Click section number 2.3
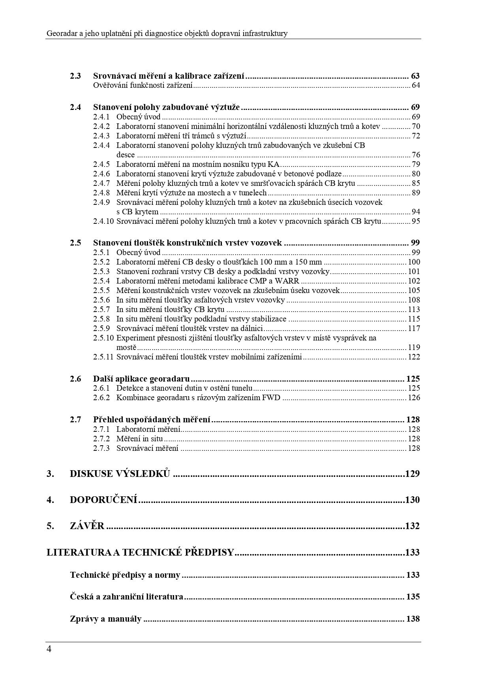coord(75,76)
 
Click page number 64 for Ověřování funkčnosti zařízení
coord(416,85)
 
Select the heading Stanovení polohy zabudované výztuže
coord(166,107)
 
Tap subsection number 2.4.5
coord(101,164)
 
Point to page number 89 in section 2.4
coord(416,193)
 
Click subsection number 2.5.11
coord(103,357)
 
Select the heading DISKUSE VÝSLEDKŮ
coord(120,473)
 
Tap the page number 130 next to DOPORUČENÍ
coord(412,500)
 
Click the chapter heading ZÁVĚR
coord(87,526)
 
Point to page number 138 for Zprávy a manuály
coord(413,619)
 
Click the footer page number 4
coord(49,649)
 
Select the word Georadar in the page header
coord(61,34)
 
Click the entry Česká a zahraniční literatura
coord(126,597)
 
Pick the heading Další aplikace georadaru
coord(141,378)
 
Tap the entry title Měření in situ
coord(139,439)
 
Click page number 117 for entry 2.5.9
coord(414,328)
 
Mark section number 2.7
coord(75,420)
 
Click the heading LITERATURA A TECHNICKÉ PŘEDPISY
coord(140,552)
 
